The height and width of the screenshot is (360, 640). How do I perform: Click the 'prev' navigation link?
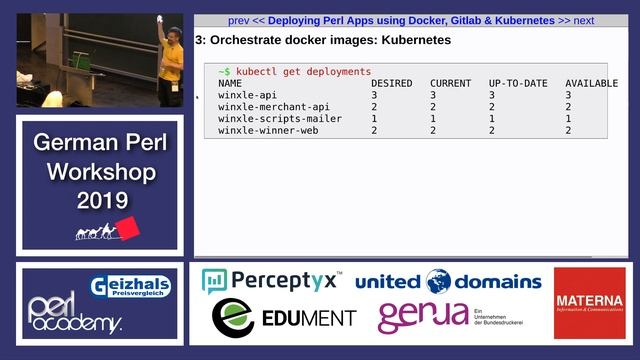click(x=238, y=20)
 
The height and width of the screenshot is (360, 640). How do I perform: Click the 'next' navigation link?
click(x=583, y=20)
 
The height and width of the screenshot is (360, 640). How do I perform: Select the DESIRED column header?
click(x=391, y=84)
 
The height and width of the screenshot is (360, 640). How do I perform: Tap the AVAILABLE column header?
click(x=591, y=84)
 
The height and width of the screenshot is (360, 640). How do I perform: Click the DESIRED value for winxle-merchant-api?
click(x=375, y=107)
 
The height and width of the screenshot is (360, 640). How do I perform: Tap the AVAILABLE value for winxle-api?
click(x=568, y=95)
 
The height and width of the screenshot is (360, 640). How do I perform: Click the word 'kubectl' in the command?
click(x=261, y=72)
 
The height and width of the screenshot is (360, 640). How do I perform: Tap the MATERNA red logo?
click(x=589, y=301)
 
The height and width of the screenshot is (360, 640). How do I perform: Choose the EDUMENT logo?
click(x=284, y=318)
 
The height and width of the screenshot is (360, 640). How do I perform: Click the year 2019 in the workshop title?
click(x=102, y=200)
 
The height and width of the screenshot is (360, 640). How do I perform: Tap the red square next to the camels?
click(x=128, y=230)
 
